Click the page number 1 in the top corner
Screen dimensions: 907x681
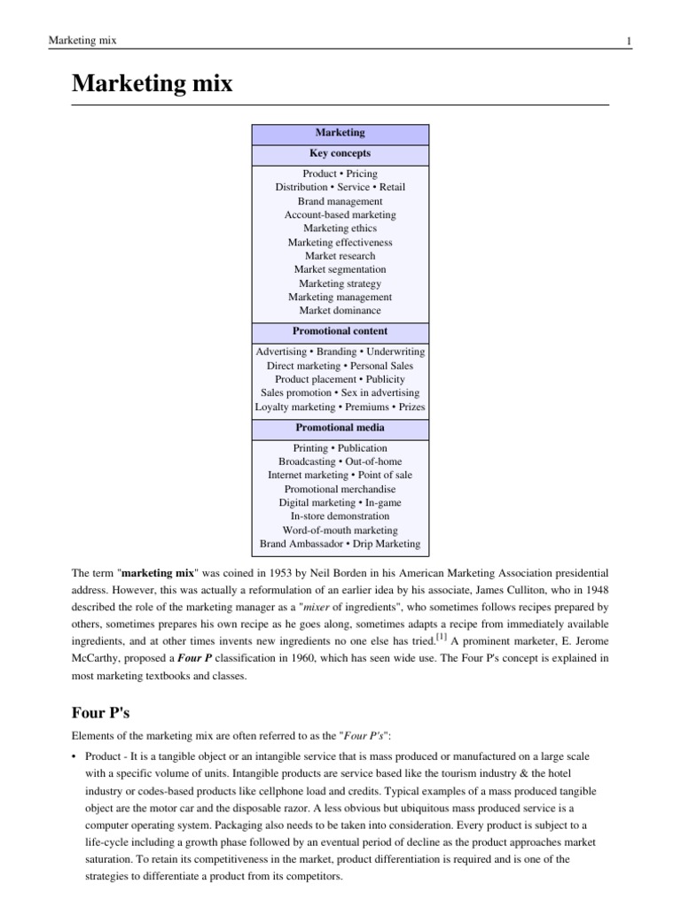[x=628, y=42]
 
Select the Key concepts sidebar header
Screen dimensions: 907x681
[x=340, y=153]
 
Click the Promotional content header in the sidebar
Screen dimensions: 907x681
[x=340, y=331]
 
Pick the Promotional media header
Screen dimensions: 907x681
[x=340, y=428]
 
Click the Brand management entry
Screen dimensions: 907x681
[x=340, y=201]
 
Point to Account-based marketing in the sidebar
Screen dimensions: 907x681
[x=340, y=215]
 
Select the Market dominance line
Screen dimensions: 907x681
[x=340, y=311]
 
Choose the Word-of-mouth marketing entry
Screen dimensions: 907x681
[x=340, y=530]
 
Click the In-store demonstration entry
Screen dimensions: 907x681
[x=340, y=516]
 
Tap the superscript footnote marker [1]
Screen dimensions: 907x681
[x=441, y=634]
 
